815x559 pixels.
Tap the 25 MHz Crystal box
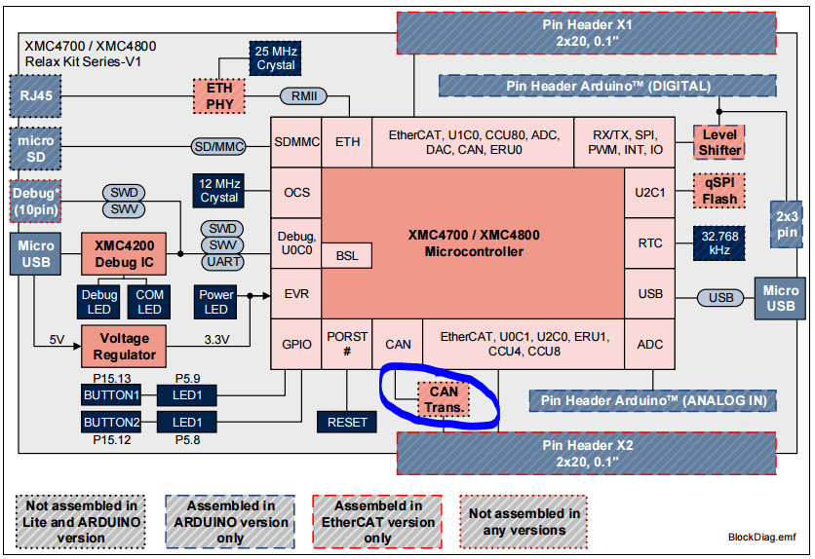[x=276, y=57]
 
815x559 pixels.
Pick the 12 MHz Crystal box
[x=219, y=190]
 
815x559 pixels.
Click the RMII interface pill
[x=303, y=95]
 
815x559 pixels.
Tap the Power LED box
[x=215, y=302]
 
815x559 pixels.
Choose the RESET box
[x=347, y=422]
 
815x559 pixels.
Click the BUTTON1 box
[x=111, y=394]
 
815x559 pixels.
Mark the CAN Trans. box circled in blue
[x=444, y=399]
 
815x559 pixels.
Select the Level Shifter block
[x=719, y=142]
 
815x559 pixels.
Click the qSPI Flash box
[x=719, y=191]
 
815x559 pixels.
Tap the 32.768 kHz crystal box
[x=719, y=242]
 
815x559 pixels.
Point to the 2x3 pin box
[x=787, y=224]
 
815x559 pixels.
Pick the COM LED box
[x=149, y=302]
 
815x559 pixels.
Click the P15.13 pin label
[x=111, y=378]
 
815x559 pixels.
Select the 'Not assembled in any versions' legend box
[x=524, y=522]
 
